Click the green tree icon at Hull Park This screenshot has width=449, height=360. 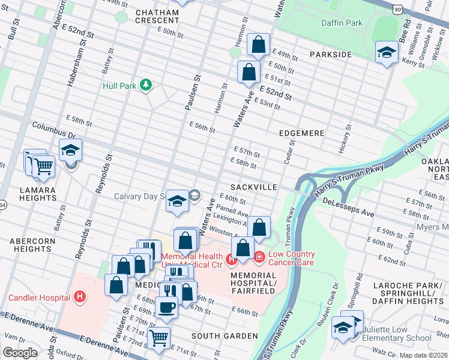(145, 86)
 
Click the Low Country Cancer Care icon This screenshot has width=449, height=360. (259, 257)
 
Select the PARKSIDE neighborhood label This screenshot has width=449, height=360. (330, 55)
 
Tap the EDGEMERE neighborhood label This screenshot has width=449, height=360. (301, 133)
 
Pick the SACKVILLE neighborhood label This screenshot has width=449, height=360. (252, 187)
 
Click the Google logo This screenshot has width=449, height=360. (20, 353)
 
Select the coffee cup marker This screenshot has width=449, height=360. (166, 307)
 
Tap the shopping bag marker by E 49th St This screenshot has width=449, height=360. (258, 45)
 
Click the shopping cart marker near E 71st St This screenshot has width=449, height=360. (158, 338)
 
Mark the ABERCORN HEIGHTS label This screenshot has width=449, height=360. (31, 245)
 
